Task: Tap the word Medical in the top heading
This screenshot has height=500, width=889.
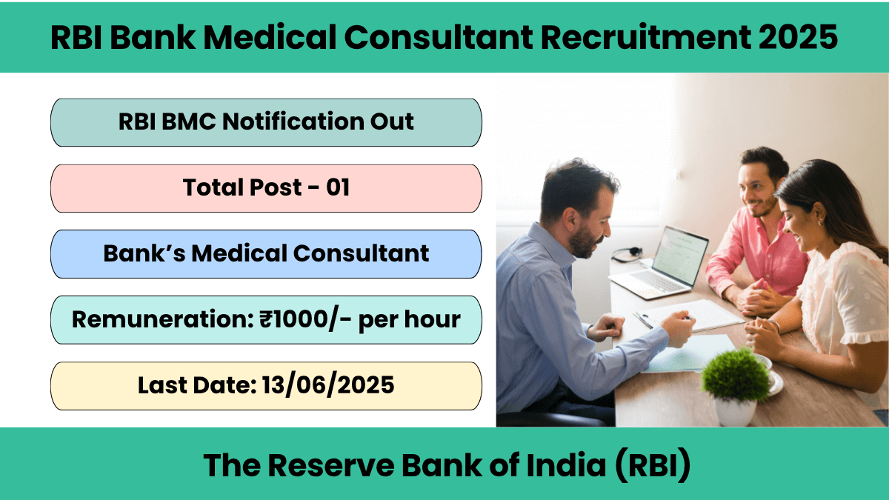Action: [270, 37]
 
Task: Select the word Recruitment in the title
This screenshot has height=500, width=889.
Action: [646, 37]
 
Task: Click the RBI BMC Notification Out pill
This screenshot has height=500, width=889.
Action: [266, 123]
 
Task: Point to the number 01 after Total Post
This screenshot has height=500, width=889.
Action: [338, 187]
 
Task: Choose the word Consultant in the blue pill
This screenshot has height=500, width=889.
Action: [362, 253]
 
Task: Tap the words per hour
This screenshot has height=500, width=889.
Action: [409, 320]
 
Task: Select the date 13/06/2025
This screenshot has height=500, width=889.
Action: [328, 385]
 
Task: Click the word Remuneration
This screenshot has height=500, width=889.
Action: [163, 319]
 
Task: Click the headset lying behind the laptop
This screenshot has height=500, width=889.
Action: [626, 254]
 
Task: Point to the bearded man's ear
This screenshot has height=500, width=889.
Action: [572, 219]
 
